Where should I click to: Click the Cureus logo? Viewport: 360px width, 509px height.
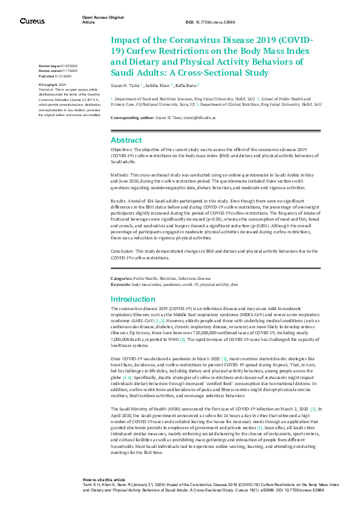pos(32,21)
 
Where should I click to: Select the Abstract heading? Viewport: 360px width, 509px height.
pos(126,140)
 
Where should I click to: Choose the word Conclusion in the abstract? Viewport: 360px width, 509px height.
pos(123,250)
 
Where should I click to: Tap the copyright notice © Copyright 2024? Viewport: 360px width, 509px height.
pos(52,85)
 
